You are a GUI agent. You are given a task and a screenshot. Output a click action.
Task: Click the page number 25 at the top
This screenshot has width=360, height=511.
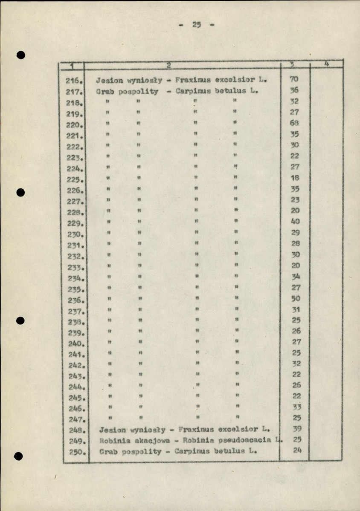196,24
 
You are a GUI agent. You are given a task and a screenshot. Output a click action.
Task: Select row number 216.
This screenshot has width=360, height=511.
74,80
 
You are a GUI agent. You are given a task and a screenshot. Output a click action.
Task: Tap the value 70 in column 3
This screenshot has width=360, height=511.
294,79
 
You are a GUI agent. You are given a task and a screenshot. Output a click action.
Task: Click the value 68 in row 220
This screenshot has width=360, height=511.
294,123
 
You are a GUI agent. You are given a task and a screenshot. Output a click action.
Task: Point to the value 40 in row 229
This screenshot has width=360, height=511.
295,221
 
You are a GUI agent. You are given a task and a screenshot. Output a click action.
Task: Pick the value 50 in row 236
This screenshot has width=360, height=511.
296,298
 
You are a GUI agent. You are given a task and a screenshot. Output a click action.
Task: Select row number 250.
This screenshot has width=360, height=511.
75,452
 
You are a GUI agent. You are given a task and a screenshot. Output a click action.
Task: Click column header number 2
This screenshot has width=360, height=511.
169,65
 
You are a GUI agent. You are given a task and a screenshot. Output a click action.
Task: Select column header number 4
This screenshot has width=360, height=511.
326,64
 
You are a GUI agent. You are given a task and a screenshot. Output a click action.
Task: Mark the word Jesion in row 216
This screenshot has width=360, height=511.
109,80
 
